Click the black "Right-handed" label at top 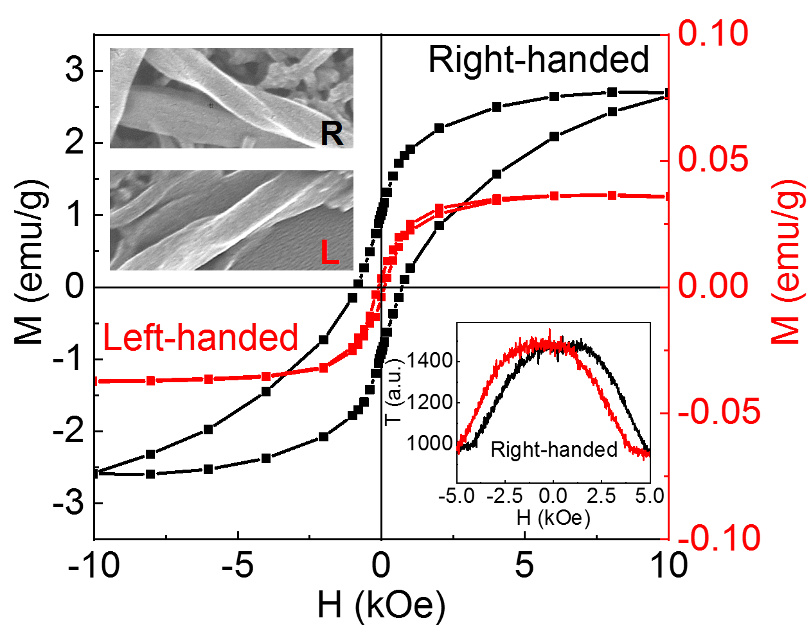click(x=539, y=60)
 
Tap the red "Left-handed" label click(x=201, y=337)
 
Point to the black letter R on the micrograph click(x=332, y=134)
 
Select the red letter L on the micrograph click(x=330, y=253)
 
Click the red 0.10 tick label click(x=713, y=33)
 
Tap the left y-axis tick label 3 click(x=75, y=69)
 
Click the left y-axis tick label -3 click(x=69, y=502)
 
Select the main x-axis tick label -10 click(x=94, y=565)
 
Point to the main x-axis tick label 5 click(x=525, y=565)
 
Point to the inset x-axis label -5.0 click(x=457, y=497)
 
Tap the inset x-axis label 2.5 click(x=602, y=497)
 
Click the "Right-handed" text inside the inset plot click(x=553, y=449)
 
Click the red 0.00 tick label click(x=713, y=286)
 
